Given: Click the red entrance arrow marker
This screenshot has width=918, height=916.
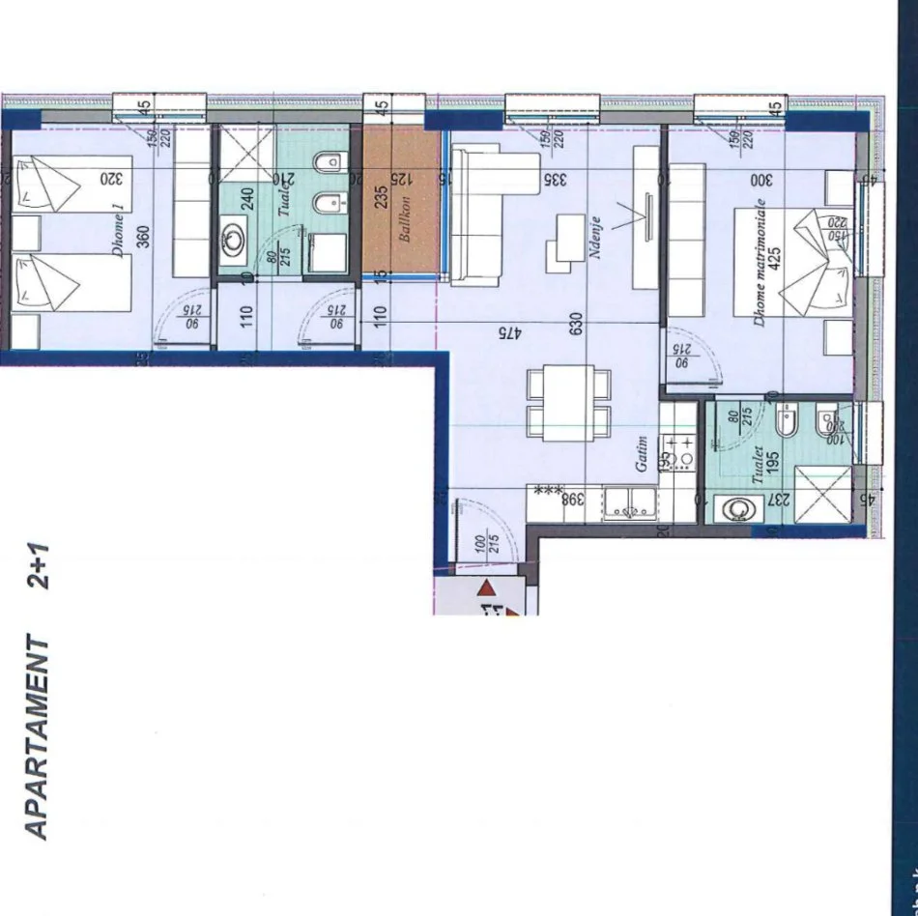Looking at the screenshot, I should [487, 587].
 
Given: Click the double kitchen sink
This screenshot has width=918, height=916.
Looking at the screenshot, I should [629, 501].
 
